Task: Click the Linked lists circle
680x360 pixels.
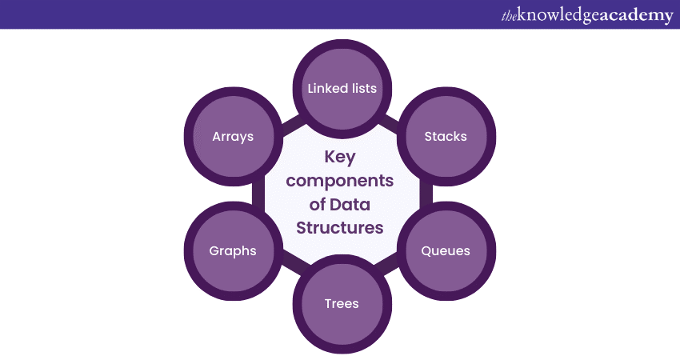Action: tap(342, 87)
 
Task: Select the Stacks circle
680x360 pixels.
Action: tap(446, 136)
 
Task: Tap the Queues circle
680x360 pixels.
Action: tap(446, 250)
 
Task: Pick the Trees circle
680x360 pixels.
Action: tap(342, 303)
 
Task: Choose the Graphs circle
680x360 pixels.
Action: tap(233, 250)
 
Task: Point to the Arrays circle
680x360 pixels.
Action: tap(233, 136)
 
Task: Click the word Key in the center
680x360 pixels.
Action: tap(340, 158)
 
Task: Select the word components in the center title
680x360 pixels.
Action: tap(340, 181)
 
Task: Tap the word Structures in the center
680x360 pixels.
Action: tap(340, 227)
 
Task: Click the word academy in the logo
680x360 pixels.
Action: tap(636, 15)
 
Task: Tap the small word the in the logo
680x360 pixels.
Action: tap(509, 15)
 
